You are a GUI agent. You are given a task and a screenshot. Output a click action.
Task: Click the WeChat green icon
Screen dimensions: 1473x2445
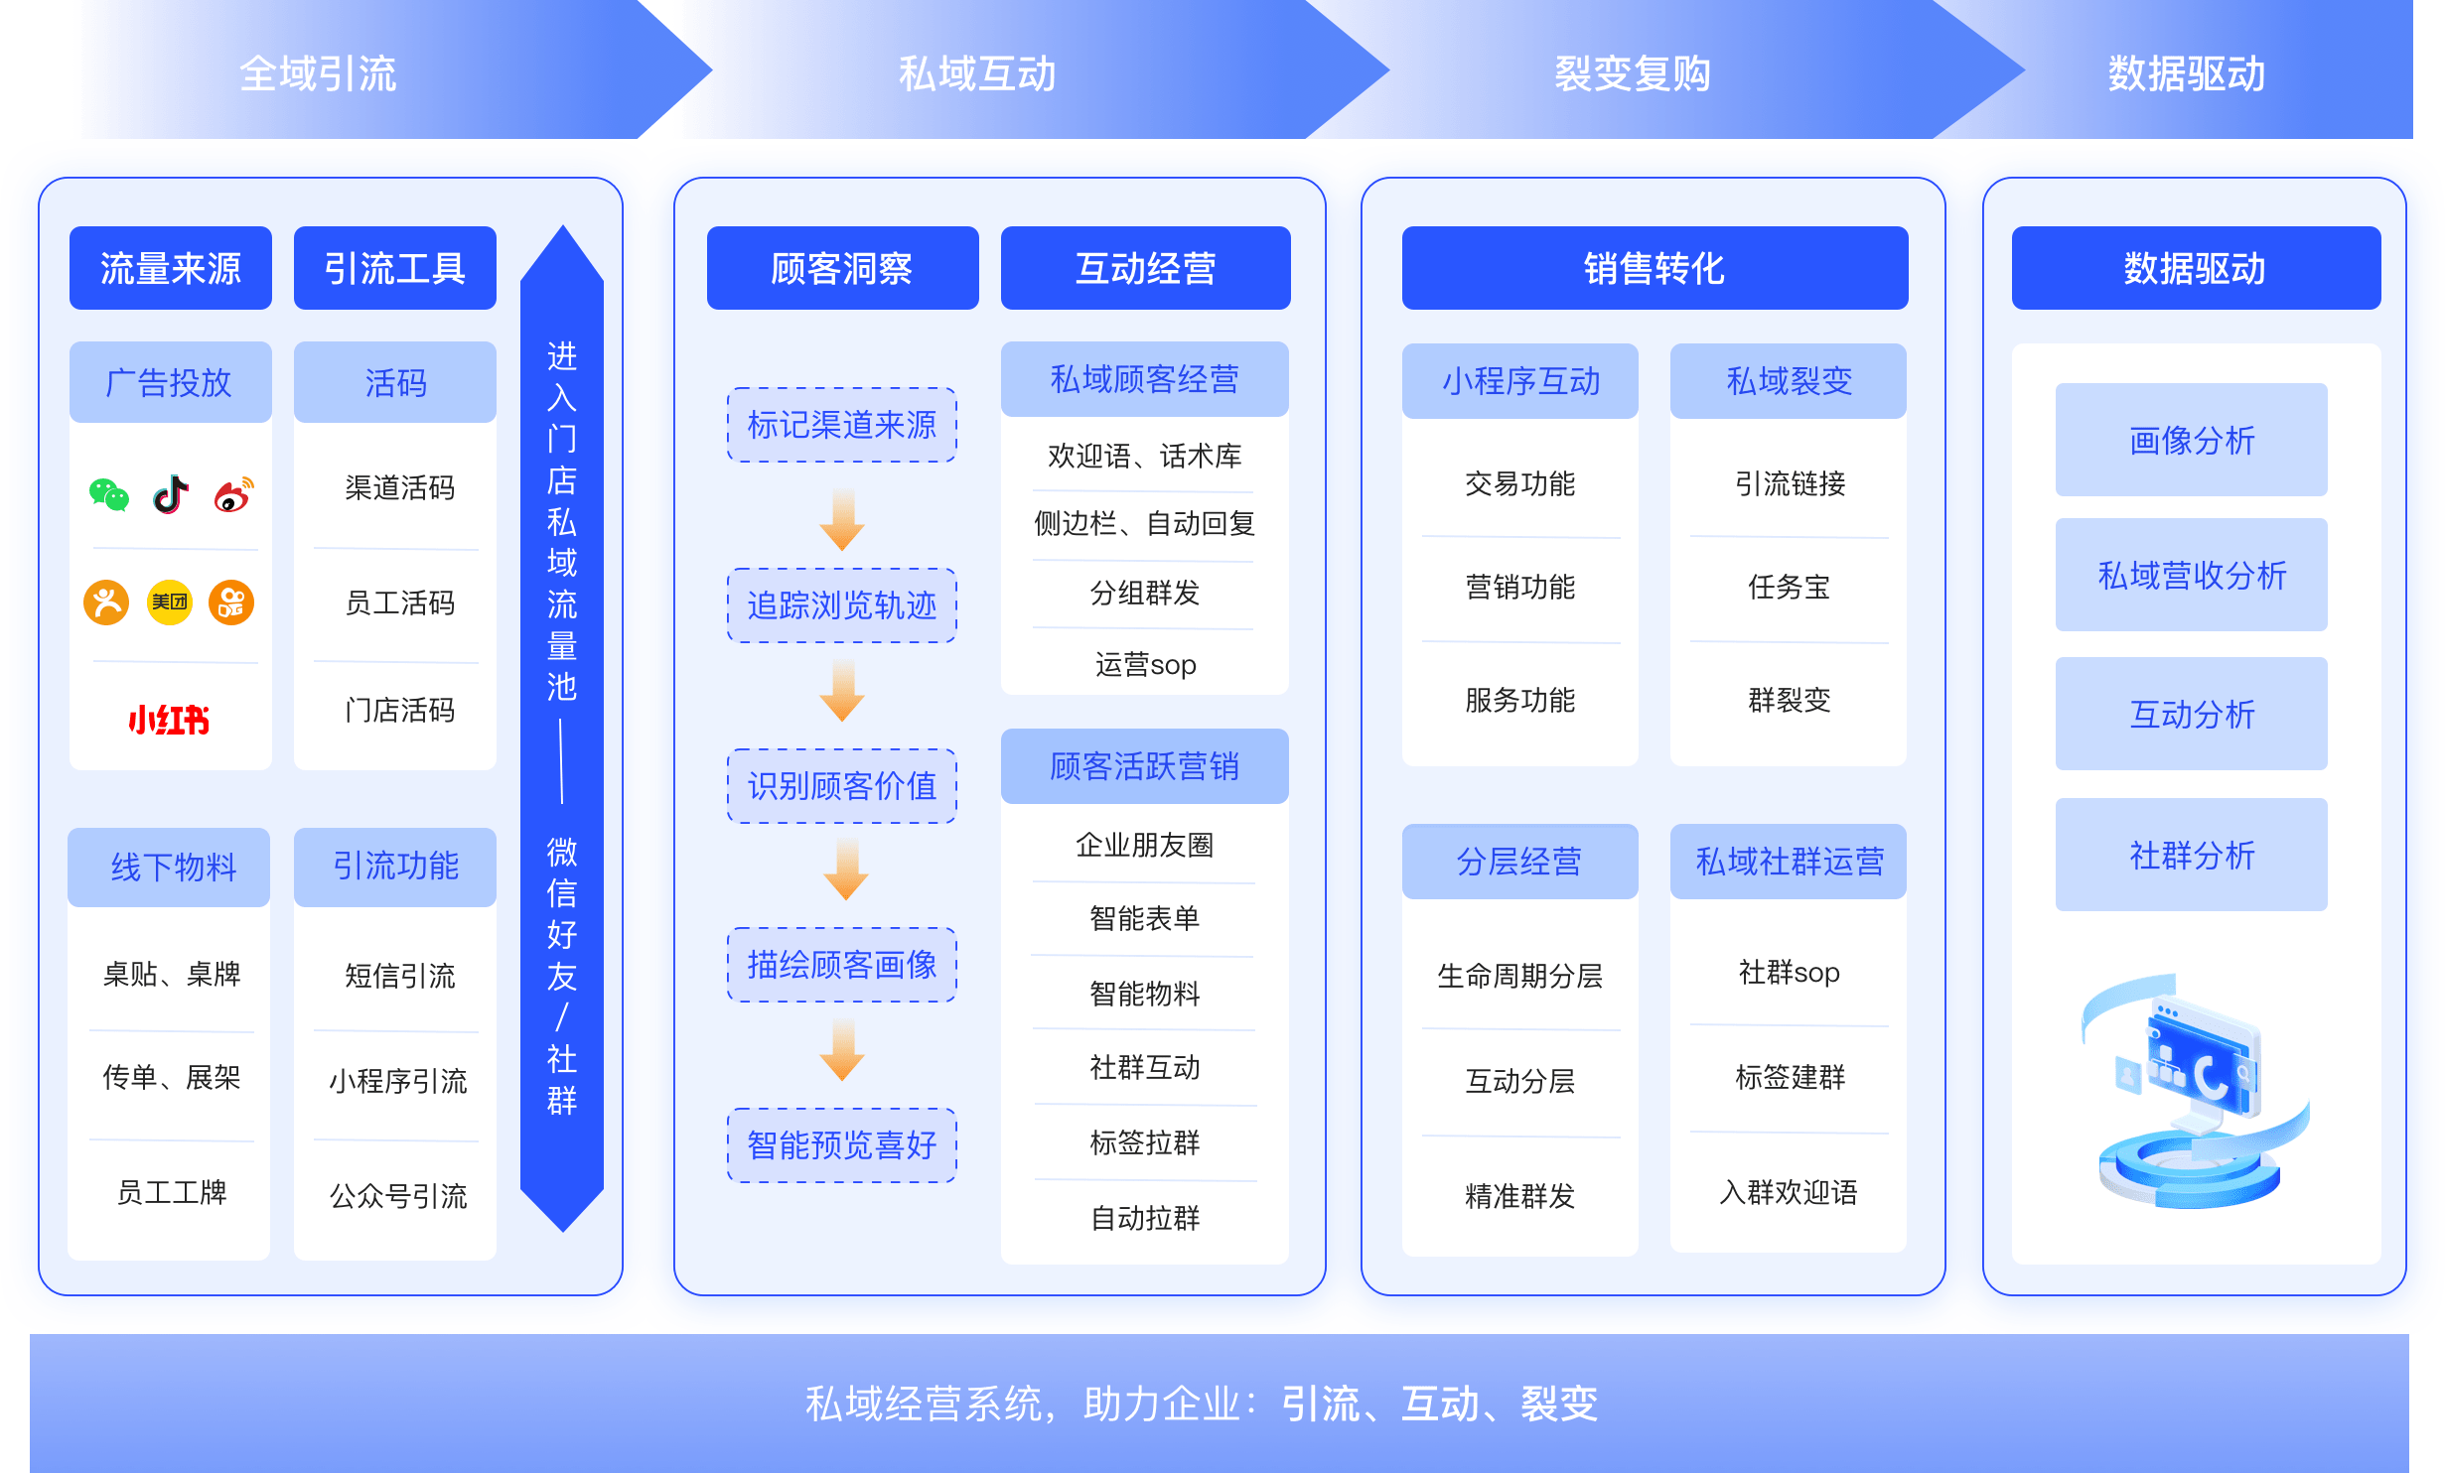[x=109, y=494]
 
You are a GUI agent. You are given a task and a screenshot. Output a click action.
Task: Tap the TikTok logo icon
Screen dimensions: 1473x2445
[x=171, y=494]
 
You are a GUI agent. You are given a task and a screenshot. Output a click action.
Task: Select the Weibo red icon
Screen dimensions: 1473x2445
[x=233, y=494]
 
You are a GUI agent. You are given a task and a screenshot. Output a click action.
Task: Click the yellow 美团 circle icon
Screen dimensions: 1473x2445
[x=170, y=602]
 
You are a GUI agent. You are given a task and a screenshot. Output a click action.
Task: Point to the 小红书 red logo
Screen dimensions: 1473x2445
[x=169, y=719]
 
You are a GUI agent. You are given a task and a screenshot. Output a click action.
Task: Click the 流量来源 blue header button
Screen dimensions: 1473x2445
[x=171, y=268]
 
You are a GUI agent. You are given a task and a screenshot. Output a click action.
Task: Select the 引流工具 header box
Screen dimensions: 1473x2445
[x=395, y=268]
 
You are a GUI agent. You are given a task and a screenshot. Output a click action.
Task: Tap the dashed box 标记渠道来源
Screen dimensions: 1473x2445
[x=842, y=425]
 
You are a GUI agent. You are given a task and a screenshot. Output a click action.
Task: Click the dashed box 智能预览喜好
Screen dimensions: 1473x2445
[x=842, y=1145]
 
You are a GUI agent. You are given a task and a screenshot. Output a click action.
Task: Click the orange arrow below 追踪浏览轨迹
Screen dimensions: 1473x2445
[x=842, y=691]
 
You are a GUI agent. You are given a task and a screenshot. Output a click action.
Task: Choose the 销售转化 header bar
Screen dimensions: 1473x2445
[x=1654, y=268]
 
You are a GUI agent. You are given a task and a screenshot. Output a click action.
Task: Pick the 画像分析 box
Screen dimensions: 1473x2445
[x=2192, y=440]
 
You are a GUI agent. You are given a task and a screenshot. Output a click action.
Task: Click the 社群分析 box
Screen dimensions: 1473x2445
[x=2192, y=855]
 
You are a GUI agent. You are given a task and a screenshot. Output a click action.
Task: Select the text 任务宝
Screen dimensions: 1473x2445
[x=1789, y=587]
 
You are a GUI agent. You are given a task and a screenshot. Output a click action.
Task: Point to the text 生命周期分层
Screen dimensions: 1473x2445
[x=1519, y=976]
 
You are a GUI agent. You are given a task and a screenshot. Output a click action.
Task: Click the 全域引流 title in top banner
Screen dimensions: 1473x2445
[x=318, y=73]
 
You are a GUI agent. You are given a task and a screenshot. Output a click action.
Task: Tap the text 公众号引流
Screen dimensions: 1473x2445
[x=398, y=1196]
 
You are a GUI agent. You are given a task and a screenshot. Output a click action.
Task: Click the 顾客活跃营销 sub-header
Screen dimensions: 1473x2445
[x=1145, y=766]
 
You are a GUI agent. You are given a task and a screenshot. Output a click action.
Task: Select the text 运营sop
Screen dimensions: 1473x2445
[x=1145, y=664]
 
